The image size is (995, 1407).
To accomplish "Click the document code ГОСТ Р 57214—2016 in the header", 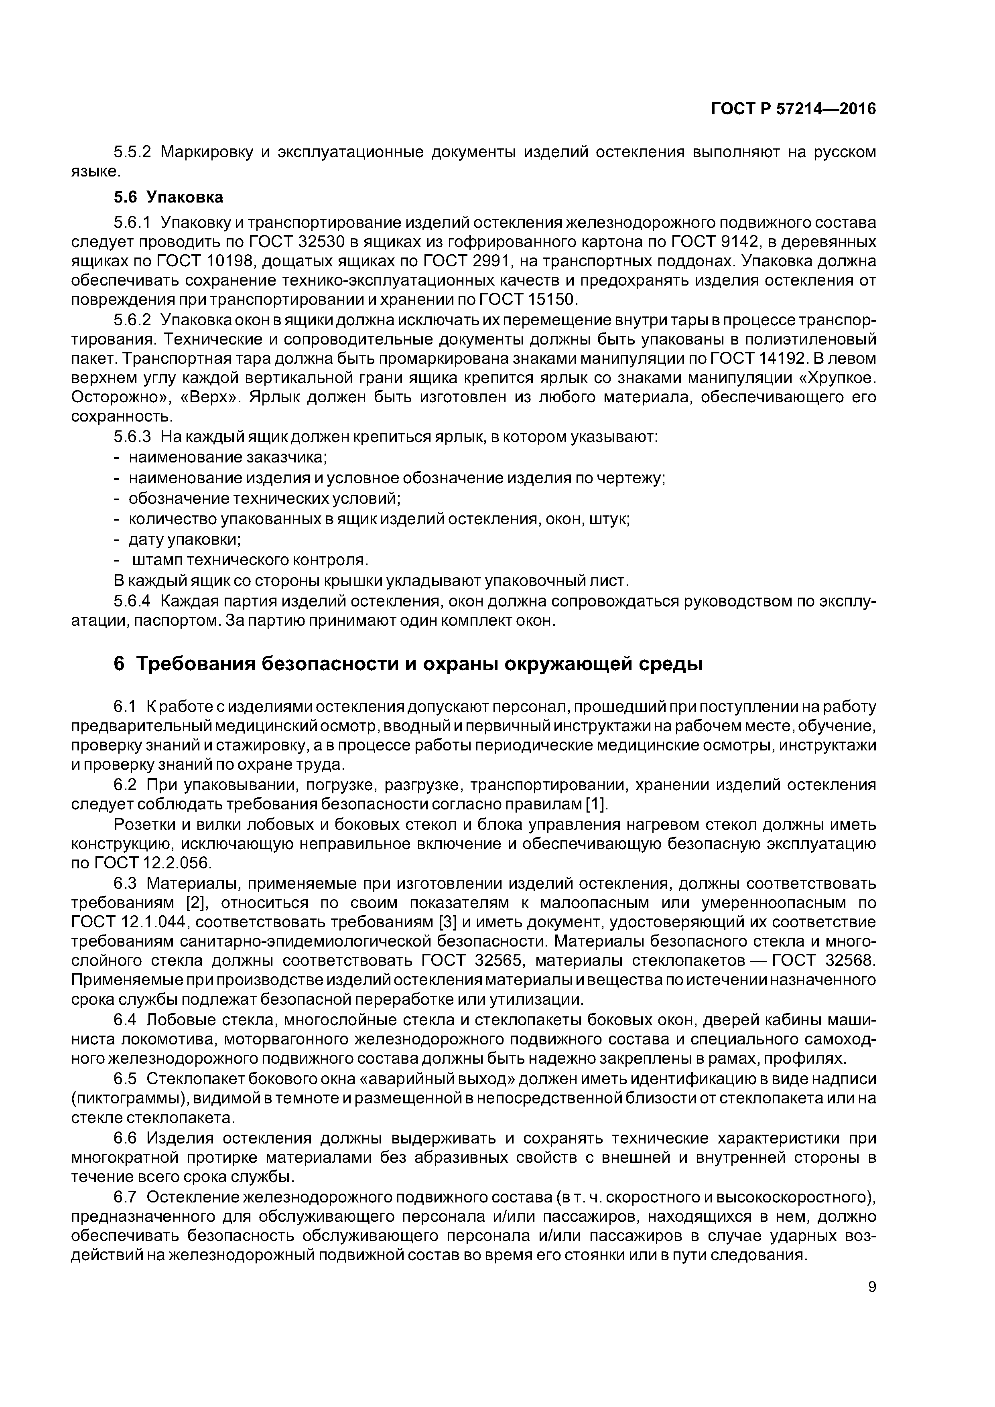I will coord(793,109).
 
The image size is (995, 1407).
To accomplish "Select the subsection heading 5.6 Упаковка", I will coord(168,197).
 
